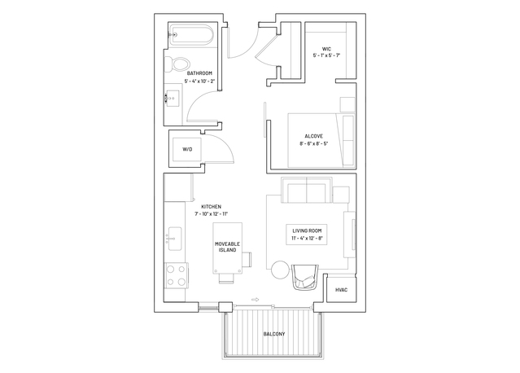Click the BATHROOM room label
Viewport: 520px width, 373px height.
(x=199, y=73)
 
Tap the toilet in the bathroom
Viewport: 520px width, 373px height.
(x=177, y=64)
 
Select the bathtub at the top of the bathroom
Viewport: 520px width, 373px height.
(x=190, y=34)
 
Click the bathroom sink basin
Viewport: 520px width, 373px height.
(x=173, y=99)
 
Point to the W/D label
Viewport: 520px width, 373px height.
(x=187, y=149)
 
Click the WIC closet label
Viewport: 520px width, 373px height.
(x=326, y=49)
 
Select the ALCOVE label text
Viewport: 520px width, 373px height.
(x=314, y=136)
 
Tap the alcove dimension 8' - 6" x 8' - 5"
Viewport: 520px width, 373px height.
(x=314, y=143)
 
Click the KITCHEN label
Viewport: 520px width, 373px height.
(x=212, y=206)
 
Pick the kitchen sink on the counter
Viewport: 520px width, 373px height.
(x=174, y=239)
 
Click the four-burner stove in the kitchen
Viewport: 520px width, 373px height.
(x=176, y=275)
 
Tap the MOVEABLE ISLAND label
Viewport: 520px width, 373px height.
(x=228, y=247)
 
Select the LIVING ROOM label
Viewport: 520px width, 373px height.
(x=307, y=230)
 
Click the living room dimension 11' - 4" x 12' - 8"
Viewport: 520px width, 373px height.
(x=307, y=238)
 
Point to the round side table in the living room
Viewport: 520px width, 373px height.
(x=280, y=270)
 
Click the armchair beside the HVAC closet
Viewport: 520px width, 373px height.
(x=305, y=277)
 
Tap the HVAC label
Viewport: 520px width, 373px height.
(x=341, y=290)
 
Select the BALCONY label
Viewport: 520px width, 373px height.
(x=274, y=334)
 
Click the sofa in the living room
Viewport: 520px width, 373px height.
(x=307, y=190)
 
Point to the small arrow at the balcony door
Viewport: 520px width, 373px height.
(x=255, y=300)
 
